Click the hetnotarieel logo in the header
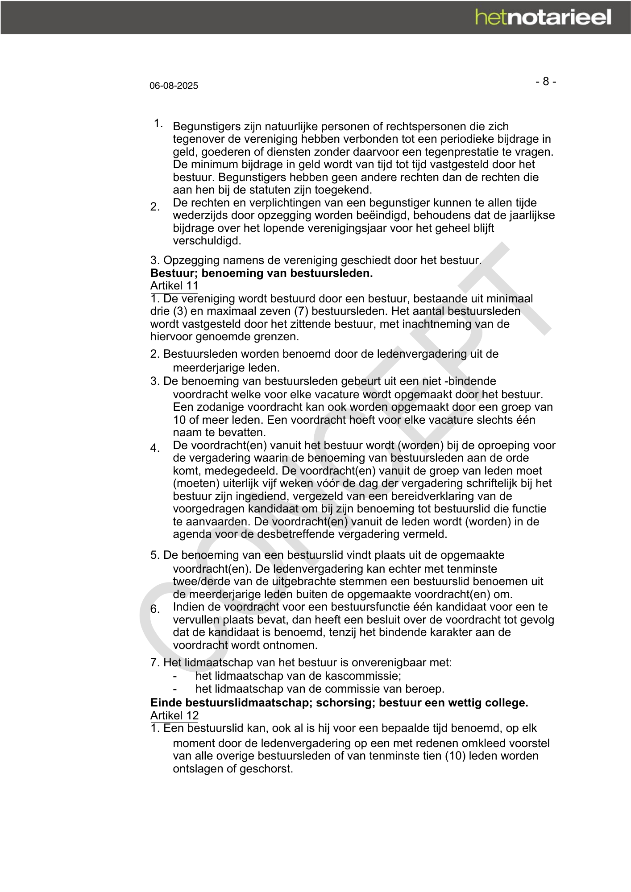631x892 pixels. tap(543, 17)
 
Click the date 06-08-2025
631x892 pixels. tap(174, 86)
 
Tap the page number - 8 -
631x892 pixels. tap(546, 82)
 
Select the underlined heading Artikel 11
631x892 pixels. tap(174, 286)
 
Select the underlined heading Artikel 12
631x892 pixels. tap(174, 716)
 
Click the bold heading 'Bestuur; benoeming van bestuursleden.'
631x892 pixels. tap(262, 273)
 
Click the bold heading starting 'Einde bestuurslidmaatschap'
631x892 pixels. tap(339, 703)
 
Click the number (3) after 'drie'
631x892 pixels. tap(180, 311)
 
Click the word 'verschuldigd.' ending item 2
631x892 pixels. tap(207, 241)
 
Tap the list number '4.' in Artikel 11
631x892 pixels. tap(155, 448)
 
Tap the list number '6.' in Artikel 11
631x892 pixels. tap(155, 610)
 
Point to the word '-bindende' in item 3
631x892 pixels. tap(472, 381)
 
